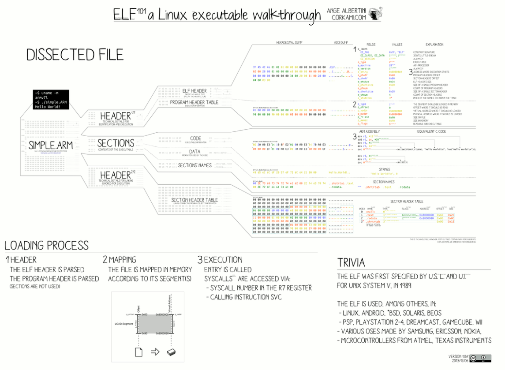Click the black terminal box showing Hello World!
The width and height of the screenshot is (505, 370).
coord(51,100)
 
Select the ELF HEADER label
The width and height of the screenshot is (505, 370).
coord(195,91)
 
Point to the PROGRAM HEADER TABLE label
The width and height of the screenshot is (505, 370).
coord(194,102)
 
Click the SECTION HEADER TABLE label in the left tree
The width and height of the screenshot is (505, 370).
coord(195,200)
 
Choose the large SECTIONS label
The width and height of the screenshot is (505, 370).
coord(116,143)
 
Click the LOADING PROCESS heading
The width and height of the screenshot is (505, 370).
coord(47,246)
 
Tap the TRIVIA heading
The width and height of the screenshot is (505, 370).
coord(352,262)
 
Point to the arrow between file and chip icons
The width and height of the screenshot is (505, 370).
coord(155,351)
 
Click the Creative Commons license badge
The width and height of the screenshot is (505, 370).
coord(480,358)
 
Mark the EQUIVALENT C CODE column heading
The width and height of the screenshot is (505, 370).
coord(431,131)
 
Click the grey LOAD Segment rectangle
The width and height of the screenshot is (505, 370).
coord(155,323)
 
